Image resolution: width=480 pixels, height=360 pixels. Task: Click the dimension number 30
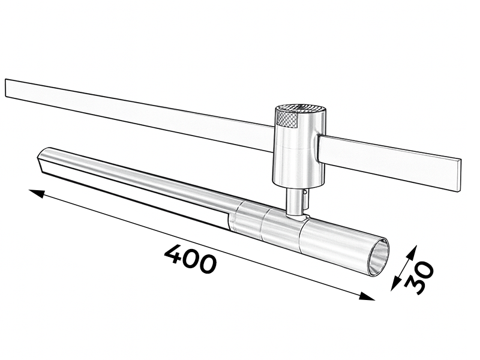(419, 277)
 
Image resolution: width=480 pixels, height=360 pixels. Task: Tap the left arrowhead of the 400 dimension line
(37, 193)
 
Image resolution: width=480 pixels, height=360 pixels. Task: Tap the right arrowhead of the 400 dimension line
(367, 296)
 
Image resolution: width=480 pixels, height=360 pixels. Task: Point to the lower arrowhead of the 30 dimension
(395, 284)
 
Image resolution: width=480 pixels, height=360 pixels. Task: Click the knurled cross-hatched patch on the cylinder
(287, 118)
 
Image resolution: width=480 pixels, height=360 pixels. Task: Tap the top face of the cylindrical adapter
(300, 108)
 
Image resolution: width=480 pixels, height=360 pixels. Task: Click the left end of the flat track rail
(7, 88)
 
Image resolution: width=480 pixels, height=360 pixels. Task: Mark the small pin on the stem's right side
(305, 193)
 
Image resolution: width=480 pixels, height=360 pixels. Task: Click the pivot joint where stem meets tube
(298, 217)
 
